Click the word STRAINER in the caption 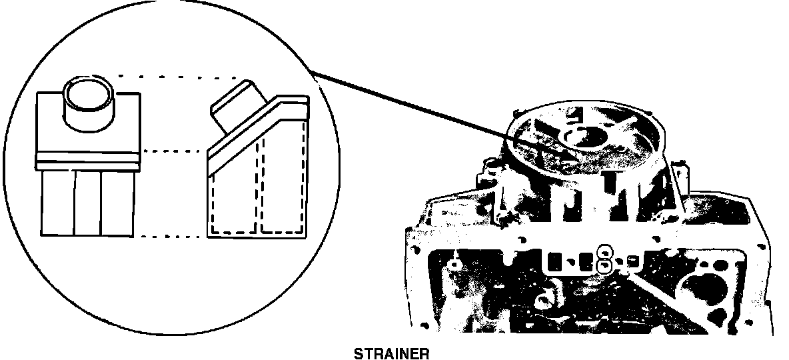point(391,353)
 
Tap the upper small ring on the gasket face point(604,251)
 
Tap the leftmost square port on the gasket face point(552,259)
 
